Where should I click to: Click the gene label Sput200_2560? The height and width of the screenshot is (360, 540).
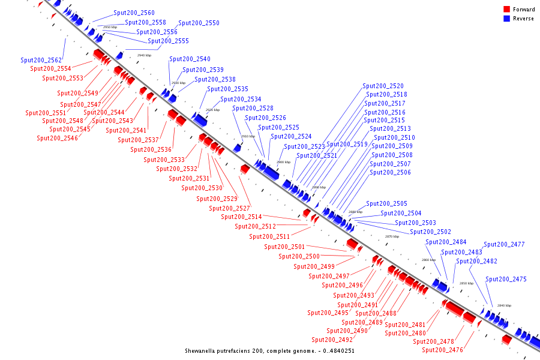[134, 13]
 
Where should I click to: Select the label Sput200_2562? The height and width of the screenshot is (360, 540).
[41, 60]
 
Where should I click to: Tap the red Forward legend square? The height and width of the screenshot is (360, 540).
[506, 10]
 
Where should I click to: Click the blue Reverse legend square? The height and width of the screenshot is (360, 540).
[506, 19]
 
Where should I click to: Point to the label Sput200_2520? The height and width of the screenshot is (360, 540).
[383, 86]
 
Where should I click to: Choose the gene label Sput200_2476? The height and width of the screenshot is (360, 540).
[442, 350]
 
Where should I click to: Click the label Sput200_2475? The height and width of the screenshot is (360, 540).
[506, 279]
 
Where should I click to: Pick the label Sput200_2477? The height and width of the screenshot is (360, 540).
[504, 244]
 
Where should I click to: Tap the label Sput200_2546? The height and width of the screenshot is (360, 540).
[57, 138]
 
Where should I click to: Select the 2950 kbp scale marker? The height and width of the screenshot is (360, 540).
[110, 28]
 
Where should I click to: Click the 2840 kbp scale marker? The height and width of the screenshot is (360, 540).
[504, 305]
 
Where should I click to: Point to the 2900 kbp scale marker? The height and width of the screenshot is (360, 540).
[283, 162]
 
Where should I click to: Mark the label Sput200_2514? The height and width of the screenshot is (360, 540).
[241, 217]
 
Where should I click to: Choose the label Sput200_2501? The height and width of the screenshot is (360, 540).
[284, 247]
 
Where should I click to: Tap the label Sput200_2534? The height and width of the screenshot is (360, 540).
[241, 99]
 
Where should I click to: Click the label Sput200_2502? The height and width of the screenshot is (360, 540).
[430, 232]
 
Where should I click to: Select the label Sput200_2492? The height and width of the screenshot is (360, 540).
[332, 340]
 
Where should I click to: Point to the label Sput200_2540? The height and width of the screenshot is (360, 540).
[190, 59]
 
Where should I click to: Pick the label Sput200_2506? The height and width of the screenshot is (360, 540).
[390, 173]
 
